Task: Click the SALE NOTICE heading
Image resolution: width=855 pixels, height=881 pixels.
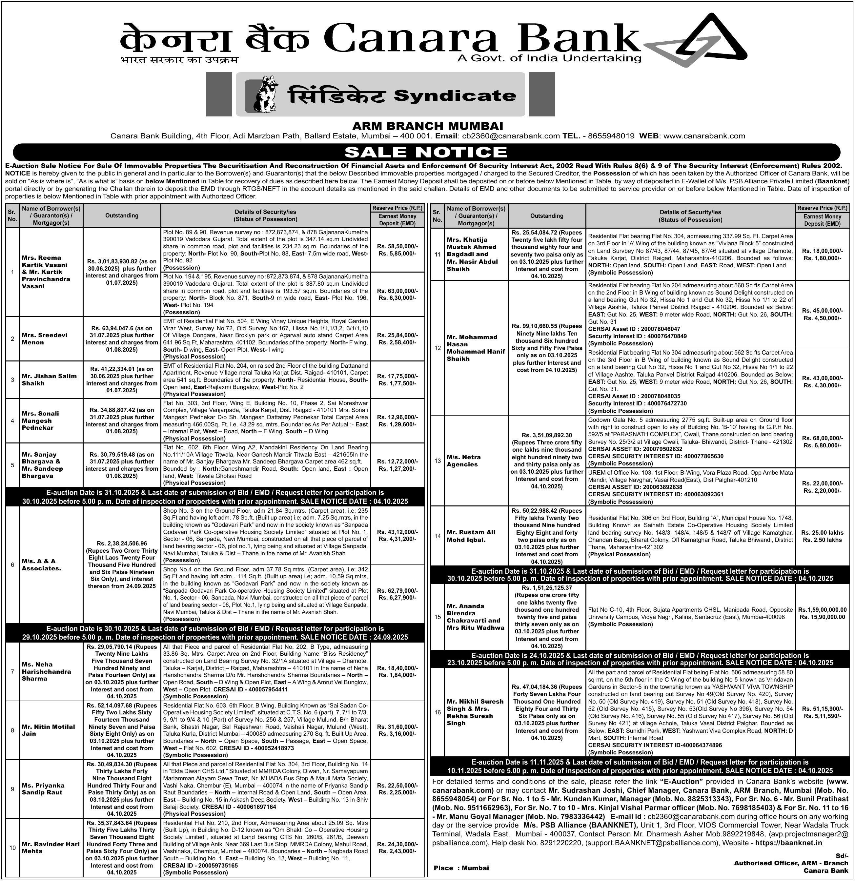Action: click(x=426, y=152)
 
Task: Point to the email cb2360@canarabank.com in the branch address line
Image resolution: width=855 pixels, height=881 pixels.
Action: click(x=511, y=136)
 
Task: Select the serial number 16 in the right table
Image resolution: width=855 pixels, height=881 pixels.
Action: click(x=438, y=712)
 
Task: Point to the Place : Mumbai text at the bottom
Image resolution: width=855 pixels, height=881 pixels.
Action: click(x=461, y=868)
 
